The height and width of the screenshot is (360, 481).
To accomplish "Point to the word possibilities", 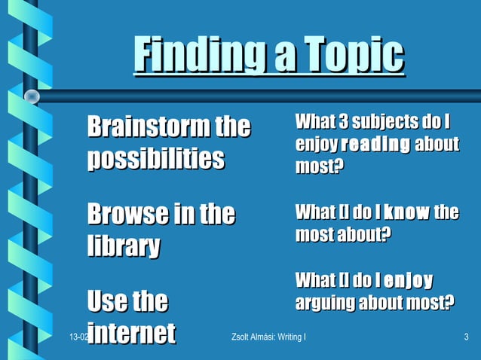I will tap(156, 158).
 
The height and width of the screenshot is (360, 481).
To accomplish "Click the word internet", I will tap(131, 333).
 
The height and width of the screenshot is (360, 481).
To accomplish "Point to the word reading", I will tap(375, 144).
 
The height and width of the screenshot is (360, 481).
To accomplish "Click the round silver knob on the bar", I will tap(32, 96).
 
